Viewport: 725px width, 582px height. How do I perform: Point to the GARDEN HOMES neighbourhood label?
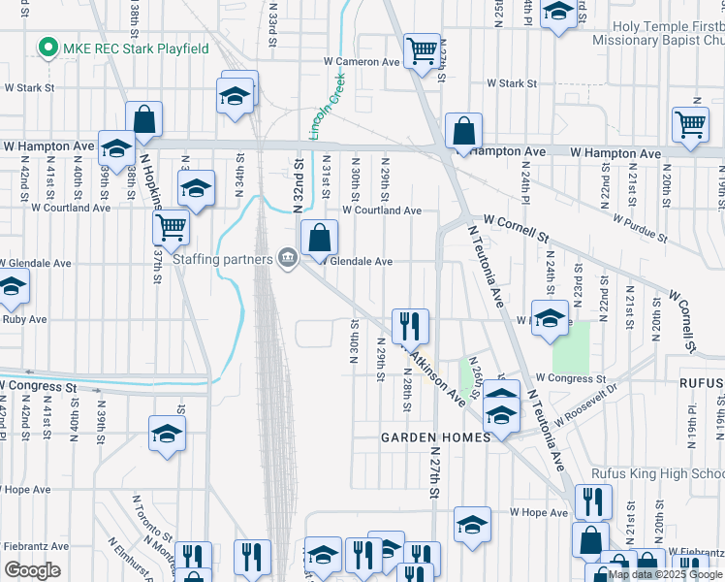[426, 437]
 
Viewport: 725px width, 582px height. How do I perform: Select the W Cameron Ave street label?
[362, 61]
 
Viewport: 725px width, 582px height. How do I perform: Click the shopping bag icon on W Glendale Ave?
[319, 236]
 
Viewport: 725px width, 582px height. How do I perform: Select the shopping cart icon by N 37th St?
[171, 227]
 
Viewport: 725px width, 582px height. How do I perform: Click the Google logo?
[32, 570]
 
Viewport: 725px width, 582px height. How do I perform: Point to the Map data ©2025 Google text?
[666, 574]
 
